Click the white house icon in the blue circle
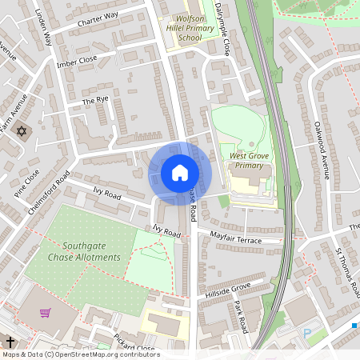[x=180, y=172]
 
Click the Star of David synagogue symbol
[x=22, y=133]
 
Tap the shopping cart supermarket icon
[x=45, y=313]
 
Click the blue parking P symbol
[x=306, y=332]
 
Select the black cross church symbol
[x=9, y=341]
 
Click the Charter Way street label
[x=98, y=20]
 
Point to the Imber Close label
[x=77, y=62]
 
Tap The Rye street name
[x=94, y=102]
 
